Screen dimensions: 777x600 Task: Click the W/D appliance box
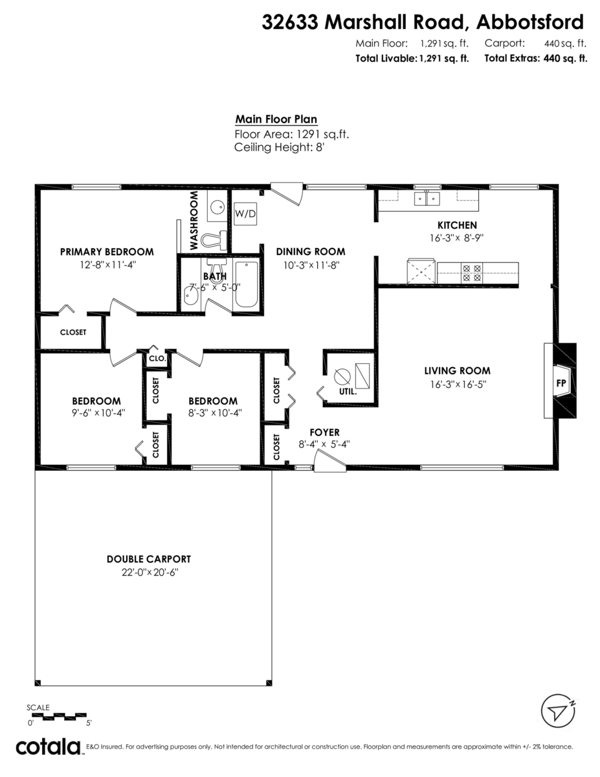click(x=245, y=214)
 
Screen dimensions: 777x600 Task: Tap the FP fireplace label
click(x=561, y=383)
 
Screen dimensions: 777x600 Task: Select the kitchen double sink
click(x=427, y=198)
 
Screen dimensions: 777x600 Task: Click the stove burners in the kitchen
click(x=471, y=273)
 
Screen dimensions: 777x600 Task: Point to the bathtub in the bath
click(x=246, y=285)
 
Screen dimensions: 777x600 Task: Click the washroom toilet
click(x=214, y=240)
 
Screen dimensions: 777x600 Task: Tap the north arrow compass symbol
click(x=558, y=712)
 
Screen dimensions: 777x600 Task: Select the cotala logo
click(x=48, y=747)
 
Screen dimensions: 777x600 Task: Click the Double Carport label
click(x=149, y=559)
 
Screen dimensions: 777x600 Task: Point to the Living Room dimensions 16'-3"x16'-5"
click(x=457, y=384)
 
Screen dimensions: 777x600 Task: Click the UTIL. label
click(x=348, y=392)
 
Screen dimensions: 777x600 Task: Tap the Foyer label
click(x=324, y=433)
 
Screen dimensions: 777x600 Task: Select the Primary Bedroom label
click(x=107, y=252)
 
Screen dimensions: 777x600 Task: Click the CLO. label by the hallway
click(x=157, y=358)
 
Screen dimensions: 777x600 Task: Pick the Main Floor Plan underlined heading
click(x=276, y=119)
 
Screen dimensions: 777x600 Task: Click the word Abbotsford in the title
click(x=529, y=23)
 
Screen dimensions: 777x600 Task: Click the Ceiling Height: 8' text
click(x=278, y=148)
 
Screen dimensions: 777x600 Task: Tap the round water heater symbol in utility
click(x=342, y=376)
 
